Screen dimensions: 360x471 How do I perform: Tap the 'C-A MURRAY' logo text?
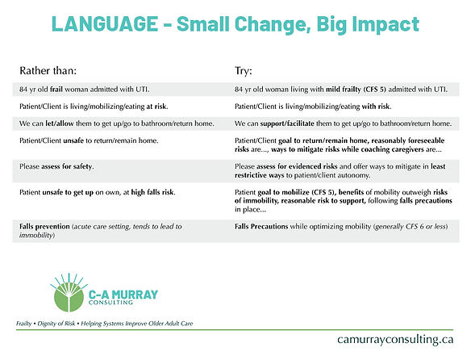click(121, 288)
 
